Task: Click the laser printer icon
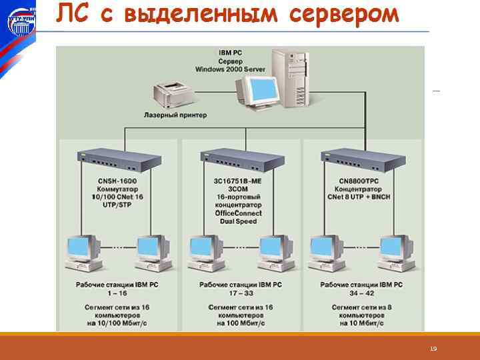[171, 94]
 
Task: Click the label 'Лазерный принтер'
[175, 115]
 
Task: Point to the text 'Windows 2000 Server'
[231, 69]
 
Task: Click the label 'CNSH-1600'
[117, 181]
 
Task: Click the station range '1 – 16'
[118, 293]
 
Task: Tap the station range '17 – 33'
[240, 293]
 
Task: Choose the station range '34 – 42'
[361, 293]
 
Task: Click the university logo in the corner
[21, 22]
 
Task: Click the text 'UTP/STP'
[117, 205]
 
